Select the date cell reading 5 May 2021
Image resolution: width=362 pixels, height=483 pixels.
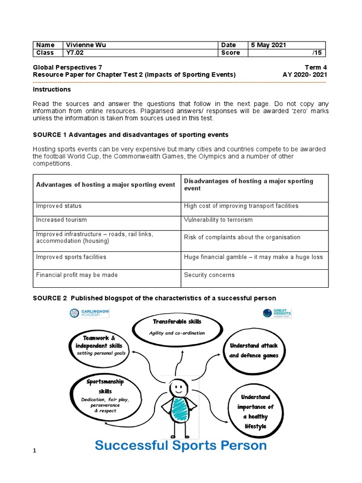tap(268, 45)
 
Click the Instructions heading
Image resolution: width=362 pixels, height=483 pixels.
tap(52, 89)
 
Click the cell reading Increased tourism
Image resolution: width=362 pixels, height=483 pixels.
tap(62, 220)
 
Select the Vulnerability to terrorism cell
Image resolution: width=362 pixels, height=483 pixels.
tap(218, 220)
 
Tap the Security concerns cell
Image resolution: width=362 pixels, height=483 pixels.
tap(209, 275)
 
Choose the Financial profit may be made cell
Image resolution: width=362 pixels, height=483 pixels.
tap(77, 275)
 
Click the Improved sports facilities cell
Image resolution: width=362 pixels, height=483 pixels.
tap(71, 257)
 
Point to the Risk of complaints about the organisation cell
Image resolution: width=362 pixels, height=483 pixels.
tap(242, 237)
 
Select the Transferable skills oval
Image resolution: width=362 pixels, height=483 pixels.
tap(177, 326)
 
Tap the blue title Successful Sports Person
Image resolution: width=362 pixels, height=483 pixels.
tap(181, 445)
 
